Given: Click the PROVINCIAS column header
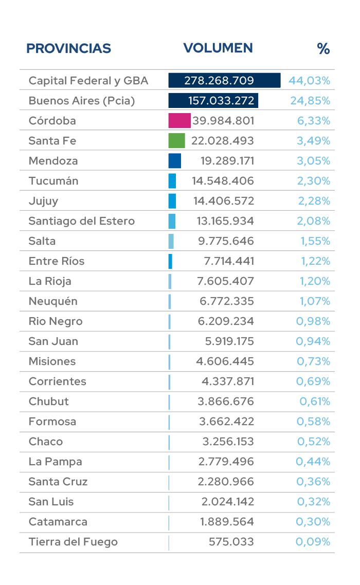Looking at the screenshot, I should [68, 48].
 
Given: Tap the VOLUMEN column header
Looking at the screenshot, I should [218, 48].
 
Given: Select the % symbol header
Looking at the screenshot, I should [323, 49].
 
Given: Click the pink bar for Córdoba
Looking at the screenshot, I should [179, 121].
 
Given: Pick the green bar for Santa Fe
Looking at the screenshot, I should [176, 141].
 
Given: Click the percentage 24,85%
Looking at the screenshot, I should [310, 101].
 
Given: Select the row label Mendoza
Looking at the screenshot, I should [53, 161].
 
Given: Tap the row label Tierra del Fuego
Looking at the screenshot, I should [73, 542].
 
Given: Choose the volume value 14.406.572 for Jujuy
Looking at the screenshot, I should [224, 201].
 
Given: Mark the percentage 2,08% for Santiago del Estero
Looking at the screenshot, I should [314, 221].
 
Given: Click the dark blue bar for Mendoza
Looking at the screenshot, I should [175, 161].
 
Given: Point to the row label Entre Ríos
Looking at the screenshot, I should [57, 261].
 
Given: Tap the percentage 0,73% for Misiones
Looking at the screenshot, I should [313, 361].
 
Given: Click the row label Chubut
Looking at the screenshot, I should [49, 401].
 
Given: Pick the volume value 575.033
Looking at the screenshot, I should [231, 542].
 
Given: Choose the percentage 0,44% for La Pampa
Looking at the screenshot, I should [313, 462].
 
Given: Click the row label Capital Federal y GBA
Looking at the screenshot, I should [88, 81].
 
